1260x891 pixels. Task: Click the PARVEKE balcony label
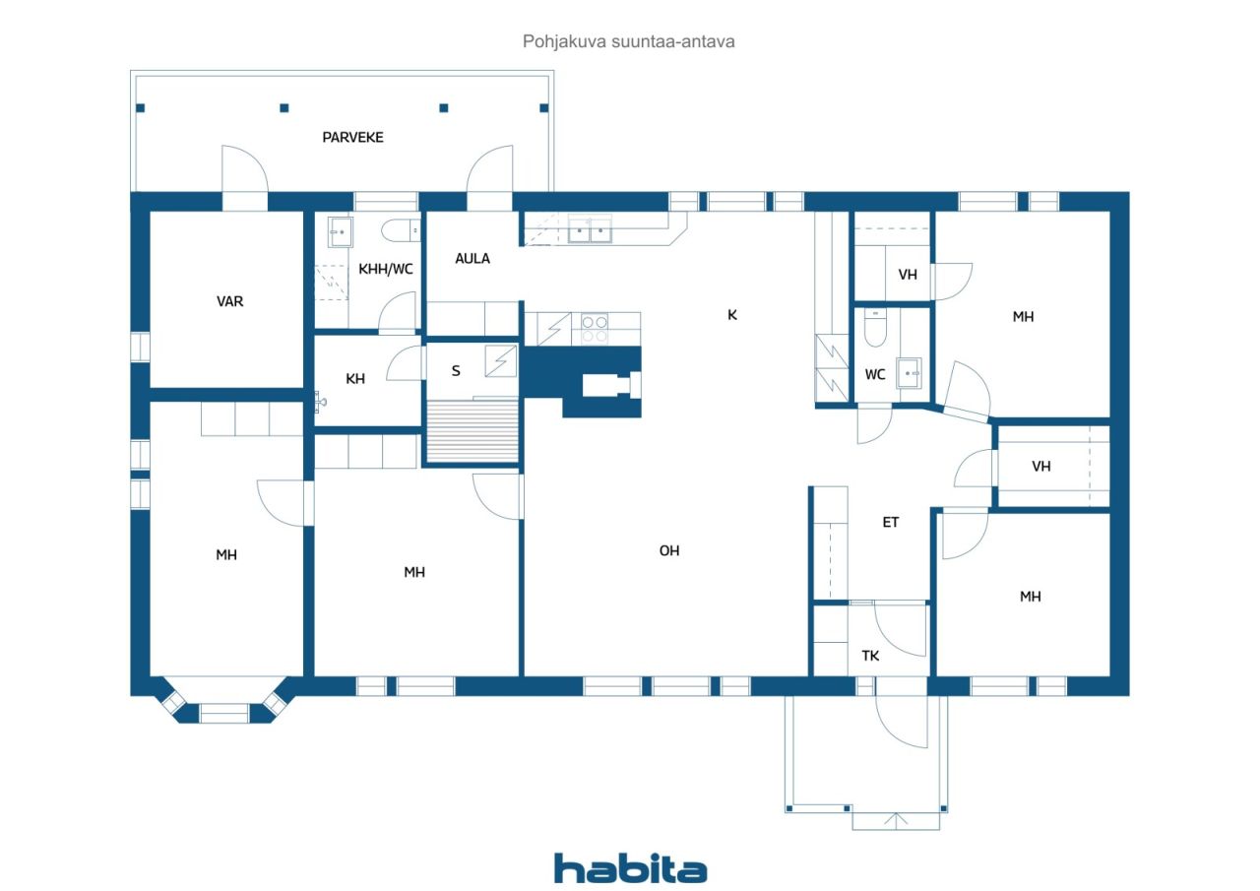click(x=352, y=137)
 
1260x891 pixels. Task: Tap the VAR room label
click(x=230, y=301)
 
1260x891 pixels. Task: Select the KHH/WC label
click(x=386, y=269)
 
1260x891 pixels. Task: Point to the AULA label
click(x=472, y=259)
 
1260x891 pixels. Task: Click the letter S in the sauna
click(x=456, y=371)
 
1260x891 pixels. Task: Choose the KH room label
click(x=355, y=379)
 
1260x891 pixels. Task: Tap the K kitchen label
click(x=732, y=315)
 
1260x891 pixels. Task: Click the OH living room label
click(x=669, y=550)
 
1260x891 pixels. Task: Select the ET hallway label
click(x=891, y=523)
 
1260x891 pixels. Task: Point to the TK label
click(x=871, y=656)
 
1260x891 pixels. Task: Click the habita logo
click(x=631, y=868)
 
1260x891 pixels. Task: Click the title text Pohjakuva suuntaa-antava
click(x=629, y=41)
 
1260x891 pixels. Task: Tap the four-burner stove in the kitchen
click(x=595, y=329)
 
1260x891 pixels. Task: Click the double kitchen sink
click(x=590, y=229)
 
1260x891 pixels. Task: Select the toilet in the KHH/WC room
click(x=401, y=230)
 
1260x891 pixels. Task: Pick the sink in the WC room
click(x=909, y=373)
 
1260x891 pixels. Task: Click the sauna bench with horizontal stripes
click(x=472, y=431)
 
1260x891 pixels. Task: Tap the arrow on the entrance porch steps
click(x=896, y=821)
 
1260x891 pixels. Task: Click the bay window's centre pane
click(x=223, y=713)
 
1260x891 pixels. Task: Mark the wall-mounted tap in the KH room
click(x=320, y=402)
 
